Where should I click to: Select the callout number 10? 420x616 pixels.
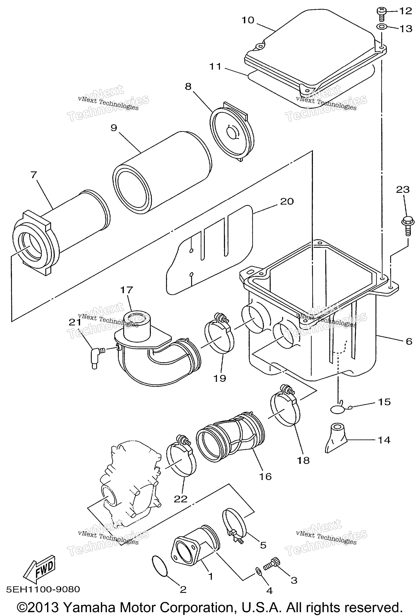[x=248, y=20]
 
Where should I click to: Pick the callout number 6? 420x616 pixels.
[x=409, y=341]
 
